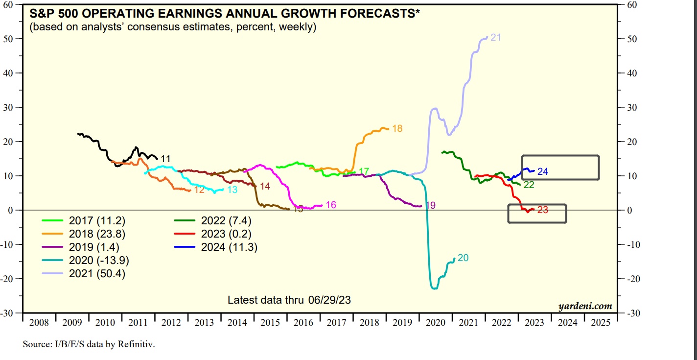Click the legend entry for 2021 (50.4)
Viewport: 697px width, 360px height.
pyautogui.click(x=97, y=274)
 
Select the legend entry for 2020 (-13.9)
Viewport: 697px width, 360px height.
pyautogui.click(x=99, y=261)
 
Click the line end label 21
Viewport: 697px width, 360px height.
pyautogui.click(x=495, y=37)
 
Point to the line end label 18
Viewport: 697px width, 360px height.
pyautogui.click(x=397, y=129)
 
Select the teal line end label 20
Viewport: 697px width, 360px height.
pyautogui.click(x=463, y=258)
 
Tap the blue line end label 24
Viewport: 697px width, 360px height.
pyautogui.click(x=542, y=171)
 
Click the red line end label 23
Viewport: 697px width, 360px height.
pyautogui.click(x=542, y=210)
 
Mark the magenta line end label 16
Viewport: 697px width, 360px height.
pyautogui.click(x=331, y=205)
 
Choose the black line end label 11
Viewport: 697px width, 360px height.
pyautogui.click(x=165, y=159)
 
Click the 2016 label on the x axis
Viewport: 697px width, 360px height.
pyautogui.click(x=304, y=322)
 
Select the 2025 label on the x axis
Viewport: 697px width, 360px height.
pyautogui.click(x=601, y=322)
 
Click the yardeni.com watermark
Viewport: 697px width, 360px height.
pyautogui.click(x=585, y=307)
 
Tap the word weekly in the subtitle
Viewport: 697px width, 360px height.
pyautogui.click(x=296, y=27)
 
